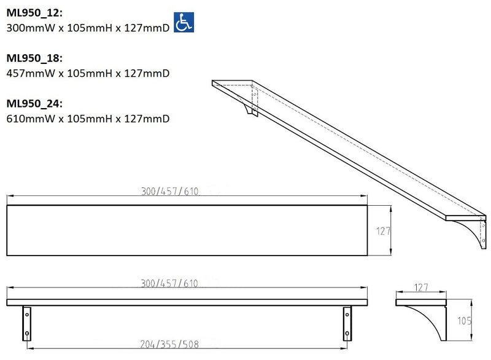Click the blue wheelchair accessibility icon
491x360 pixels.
tap(183, 23)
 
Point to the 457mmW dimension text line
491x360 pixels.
tap(87, 72)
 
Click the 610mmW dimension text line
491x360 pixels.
tap(87, 118)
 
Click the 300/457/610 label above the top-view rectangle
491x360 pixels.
tap(169, 191)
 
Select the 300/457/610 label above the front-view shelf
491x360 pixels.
tap(169, 283)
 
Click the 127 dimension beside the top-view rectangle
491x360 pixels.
tap(384, 230)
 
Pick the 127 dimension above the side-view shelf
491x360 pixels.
tap(420, 287)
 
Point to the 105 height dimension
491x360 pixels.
tap(465, 319)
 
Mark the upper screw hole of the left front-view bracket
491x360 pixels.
tap(27, 315)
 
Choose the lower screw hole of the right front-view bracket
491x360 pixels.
tap(347, 334)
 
